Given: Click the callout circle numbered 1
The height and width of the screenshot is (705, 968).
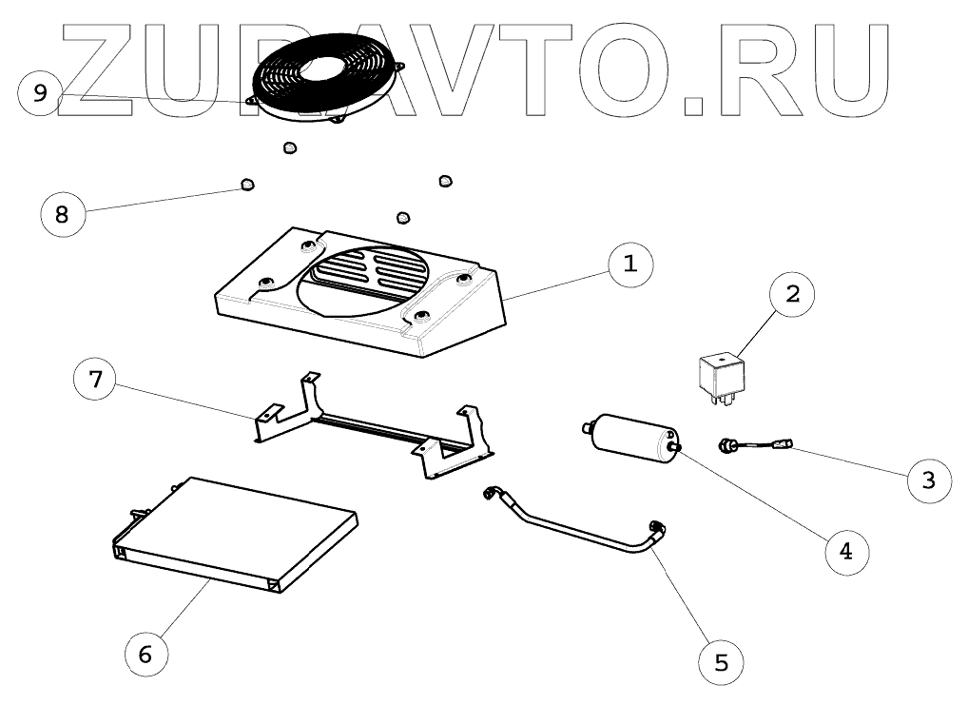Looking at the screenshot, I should (629, 264).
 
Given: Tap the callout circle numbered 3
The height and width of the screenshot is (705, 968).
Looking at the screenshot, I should (929, 479).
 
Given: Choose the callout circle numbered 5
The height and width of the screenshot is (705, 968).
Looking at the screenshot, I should (721, 661).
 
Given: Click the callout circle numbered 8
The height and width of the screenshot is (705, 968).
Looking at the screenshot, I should (63, 213).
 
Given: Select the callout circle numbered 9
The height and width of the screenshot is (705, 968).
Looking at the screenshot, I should (40, 92).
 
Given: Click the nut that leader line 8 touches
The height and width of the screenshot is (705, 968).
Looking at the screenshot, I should (247, 184).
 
